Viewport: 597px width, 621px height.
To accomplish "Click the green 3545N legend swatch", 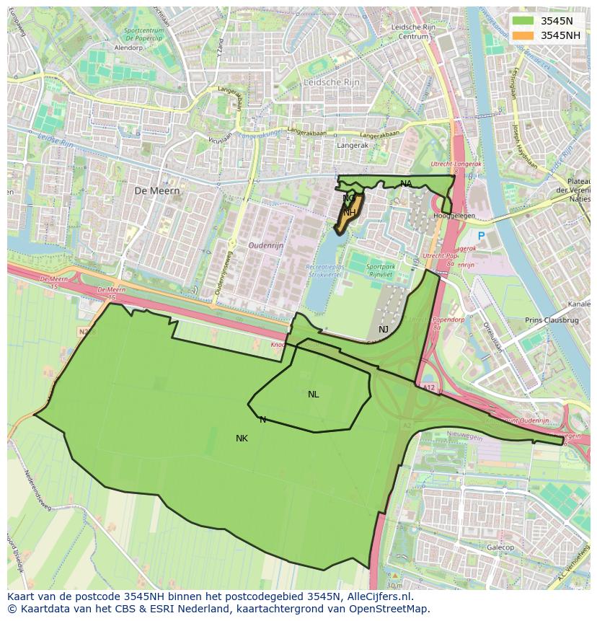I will point(523,21).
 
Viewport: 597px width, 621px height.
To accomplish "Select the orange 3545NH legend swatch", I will point(523,35).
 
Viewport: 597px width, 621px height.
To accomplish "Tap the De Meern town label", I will point(156,190).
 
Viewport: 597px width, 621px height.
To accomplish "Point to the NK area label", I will point(242,439).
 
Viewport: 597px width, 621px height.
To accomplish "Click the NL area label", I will point(313,395).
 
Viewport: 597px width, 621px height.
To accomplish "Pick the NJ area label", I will point(383,330).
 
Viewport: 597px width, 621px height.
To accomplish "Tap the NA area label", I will point(406,184).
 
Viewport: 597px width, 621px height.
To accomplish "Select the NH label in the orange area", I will point(348,213).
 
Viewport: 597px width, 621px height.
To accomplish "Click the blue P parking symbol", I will point(481,236).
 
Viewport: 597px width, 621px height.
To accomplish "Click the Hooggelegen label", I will point(454,216).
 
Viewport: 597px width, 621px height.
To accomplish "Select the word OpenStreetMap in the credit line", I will point(389,609).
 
